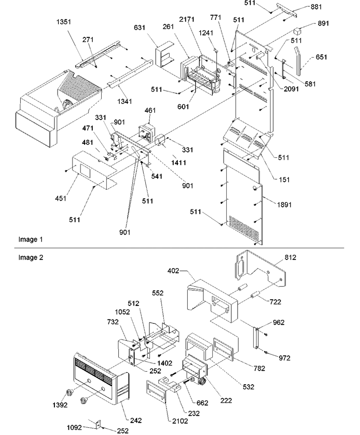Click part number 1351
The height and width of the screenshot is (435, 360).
pos(63,22)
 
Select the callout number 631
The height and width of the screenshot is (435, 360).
pos(139,27)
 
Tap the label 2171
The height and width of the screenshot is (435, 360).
pos(186,19)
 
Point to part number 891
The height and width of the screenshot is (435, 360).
pos(324,23)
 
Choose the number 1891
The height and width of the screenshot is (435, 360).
pos(284,205)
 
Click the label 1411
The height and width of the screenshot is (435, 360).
pos(179,162)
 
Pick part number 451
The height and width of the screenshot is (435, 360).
pos(61,198)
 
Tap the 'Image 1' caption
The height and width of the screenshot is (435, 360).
pos(31,239)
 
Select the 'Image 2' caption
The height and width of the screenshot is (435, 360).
pos(31,257)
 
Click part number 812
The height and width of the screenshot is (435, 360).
pos(290,257)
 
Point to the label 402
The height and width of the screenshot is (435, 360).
pos(173,270)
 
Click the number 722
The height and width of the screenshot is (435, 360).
pos(275,301)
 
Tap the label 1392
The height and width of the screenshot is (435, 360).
pos(60,405)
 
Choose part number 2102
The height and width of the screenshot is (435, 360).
pos(180,421)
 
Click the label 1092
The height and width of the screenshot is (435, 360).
pos(74,427)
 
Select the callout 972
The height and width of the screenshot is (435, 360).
pos(284,358)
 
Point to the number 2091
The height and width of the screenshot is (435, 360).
pos(291,89)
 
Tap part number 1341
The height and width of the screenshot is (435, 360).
pos(125,102)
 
